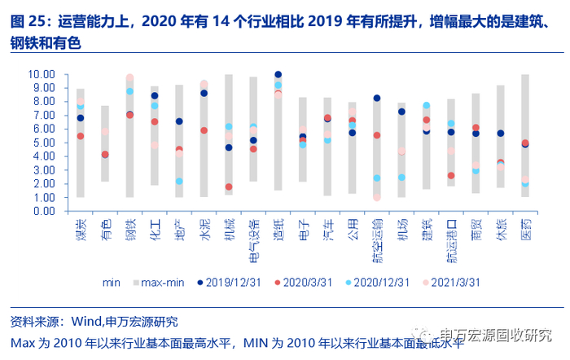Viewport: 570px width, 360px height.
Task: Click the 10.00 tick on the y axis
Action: (x=43, y=74)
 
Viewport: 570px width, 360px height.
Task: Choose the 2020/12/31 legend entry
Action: (x=374, y=283)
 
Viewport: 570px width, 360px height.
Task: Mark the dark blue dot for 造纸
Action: (x=278, y=75)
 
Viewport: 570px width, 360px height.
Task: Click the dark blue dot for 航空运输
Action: (x=377, y=99)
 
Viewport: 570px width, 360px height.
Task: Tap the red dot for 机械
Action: (x=229, y=187)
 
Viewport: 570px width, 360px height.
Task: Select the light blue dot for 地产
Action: (x=179, y=181)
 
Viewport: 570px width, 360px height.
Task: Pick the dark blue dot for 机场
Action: (x=401, y=112)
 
